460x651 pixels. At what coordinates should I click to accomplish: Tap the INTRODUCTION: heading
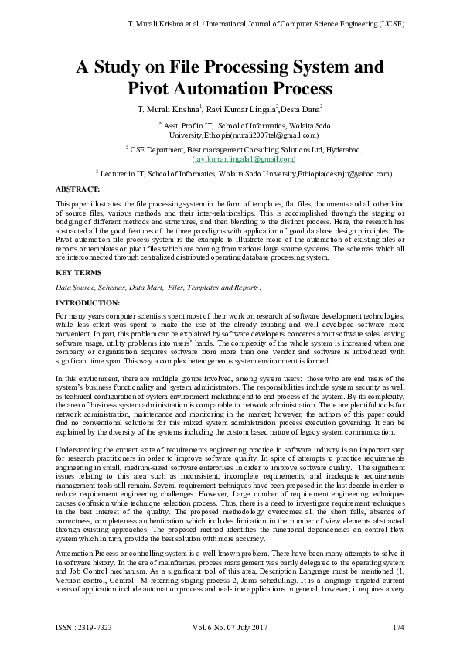[88, 302]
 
